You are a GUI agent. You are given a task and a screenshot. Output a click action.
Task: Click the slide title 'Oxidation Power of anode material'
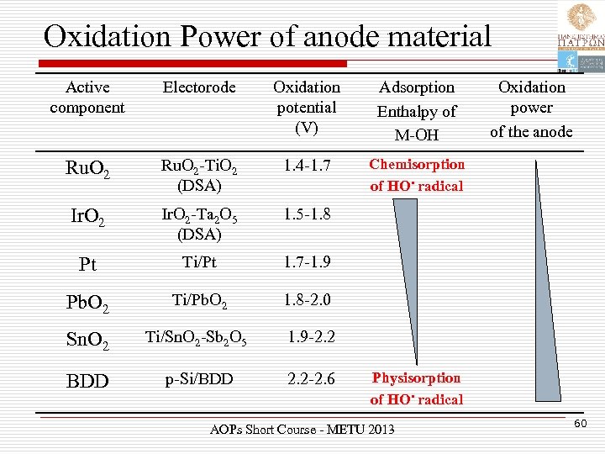(x=267, y=35)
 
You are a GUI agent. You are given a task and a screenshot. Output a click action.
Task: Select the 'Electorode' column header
(x=199, y=87)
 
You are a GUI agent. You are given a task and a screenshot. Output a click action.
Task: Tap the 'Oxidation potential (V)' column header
(x=307, y=107)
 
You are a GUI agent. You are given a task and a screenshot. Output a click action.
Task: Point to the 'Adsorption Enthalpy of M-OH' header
(x=417, y=110)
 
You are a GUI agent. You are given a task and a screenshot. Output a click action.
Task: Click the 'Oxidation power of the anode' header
(x=531, y=108)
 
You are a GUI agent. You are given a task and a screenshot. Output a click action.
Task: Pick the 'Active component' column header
(x=87, y=97)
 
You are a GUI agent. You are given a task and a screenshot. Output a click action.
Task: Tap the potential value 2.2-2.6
(x=311, y=379)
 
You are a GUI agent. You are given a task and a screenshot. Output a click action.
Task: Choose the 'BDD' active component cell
(x=87, y=382)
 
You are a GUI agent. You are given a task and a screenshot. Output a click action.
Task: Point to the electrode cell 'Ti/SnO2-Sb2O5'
(x=197, y=338)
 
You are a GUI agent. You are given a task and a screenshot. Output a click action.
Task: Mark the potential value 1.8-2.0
(x=307, y=299)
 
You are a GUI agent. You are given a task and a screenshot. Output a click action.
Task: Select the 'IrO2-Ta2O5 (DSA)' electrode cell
(x=194, y=222)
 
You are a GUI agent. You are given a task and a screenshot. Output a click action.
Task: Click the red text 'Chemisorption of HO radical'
(x=417, y=175)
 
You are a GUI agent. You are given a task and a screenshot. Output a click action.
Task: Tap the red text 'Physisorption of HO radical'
(x=417, y=388)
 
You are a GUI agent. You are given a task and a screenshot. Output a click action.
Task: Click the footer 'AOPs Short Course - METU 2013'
(x=301, y=430)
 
